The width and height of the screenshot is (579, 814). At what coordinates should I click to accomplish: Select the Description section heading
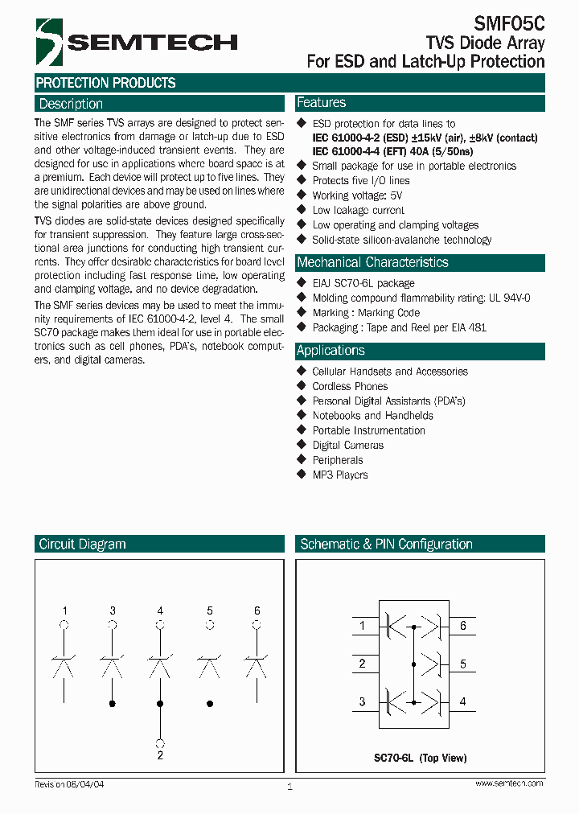click(x=71, y=104)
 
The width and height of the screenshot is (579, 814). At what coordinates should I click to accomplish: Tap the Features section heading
click(x=322, y=103)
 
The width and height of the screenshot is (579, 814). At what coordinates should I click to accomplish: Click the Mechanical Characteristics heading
click(x=372, y=262)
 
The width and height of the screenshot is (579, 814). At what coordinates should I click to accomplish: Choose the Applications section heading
click(x=331, y=351)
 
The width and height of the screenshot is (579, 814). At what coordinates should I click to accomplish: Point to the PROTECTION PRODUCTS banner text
click(x=105, y=83)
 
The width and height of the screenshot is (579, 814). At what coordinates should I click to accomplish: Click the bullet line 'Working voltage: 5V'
click(x=357, y=195)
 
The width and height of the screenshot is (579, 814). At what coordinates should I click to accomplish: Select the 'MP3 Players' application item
click(x=339, y=475)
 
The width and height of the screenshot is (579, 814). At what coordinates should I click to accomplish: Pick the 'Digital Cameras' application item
click(x=347, y=445)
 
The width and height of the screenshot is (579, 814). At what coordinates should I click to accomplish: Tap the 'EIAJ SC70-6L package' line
click(x=363, y=283)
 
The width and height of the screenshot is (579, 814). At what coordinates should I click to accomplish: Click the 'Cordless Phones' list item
click(x=350, y=386)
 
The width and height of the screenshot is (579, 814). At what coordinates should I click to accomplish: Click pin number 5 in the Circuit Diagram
click(x=210, y=610)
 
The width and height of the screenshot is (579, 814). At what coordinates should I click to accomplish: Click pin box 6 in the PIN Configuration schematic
click(x=463, y=625)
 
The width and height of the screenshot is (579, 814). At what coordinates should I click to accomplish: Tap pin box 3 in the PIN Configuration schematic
click(x=363, y=702)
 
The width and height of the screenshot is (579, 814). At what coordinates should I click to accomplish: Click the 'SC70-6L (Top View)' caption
click(x=420, y=758)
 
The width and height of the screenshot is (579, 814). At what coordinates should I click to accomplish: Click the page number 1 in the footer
click(x=289, y=786)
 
